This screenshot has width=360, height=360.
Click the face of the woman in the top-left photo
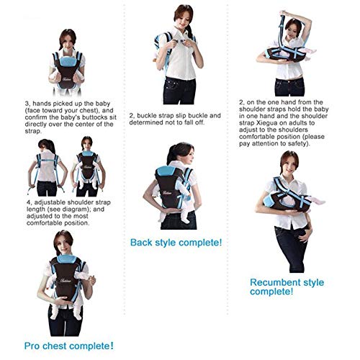[70, 22]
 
